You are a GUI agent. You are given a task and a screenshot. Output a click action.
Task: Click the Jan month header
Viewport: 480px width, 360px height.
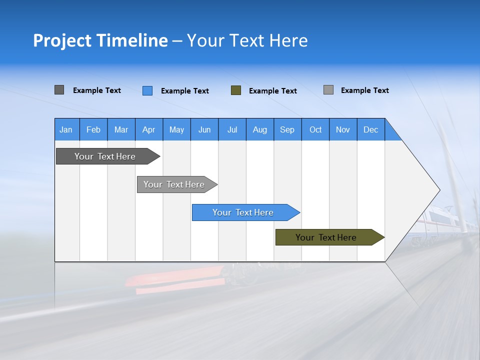point(66,129)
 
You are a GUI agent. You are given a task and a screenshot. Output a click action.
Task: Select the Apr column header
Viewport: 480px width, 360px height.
point(149,129)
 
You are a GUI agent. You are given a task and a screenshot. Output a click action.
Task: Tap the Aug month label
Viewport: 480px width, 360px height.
point(260,129)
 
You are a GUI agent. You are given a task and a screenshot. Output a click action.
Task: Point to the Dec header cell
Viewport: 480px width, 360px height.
point(371,129)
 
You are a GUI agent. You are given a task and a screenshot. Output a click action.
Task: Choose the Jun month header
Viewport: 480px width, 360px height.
point(204,129)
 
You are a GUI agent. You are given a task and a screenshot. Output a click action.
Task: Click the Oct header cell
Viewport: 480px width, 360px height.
point(315,129)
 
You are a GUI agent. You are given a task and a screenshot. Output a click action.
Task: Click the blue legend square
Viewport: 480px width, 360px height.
point(147,90)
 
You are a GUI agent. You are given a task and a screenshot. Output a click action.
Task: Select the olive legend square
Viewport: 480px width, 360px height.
point(236,90)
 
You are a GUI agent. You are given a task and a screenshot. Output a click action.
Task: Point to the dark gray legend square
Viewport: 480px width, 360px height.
point(59,90)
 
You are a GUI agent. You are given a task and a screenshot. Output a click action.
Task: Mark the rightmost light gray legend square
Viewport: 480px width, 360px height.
point(328,90)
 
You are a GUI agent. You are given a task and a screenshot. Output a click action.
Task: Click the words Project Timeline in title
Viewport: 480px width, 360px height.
point(100,40)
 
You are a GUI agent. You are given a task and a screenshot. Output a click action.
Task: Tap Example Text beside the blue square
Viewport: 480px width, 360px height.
point(185,91)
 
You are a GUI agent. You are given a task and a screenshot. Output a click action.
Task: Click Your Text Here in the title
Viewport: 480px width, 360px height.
point(247,40)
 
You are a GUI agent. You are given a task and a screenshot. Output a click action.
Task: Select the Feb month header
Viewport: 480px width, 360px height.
point(93,129)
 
